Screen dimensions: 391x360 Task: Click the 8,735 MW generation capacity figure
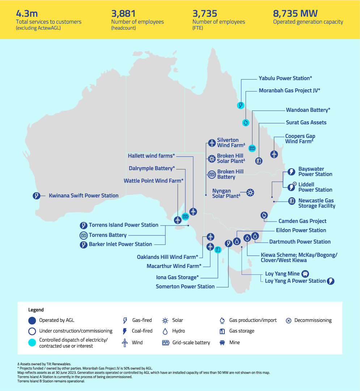[295, 14]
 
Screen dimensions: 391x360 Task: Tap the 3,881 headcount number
[123, 14]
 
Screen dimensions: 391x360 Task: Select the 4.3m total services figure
[26, 14]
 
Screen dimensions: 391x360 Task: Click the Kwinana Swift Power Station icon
[36, 196]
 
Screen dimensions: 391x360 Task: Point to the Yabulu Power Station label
[285, 78]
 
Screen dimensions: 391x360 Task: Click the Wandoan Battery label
[308, 110]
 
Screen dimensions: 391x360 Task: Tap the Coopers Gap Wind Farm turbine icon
[274, 154]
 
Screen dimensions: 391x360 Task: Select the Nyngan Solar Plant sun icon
[250, 193]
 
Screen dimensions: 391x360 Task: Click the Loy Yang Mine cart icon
[305, 274]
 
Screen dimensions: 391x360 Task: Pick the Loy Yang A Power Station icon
[330, 281]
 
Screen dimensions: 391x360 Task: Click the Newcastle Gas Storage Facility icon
[291, 201]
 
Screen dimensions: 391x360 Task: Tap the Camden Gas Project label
[302, 221]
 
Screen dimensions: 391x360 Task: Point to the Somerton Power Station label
[185, 286]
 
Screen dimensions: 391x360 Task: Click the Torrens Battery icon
[83, 235]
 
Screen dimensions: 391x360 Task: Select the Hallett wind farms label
[151, 156]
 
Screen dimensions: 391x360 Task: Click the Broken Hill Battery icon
[212, 174]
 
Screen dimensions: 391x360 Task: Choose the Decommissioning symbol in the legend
[288, 320]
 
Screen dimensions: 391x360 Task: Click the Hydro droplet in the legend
[165, 331]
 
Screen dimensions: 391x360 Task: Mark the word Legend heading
[36, 310]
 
